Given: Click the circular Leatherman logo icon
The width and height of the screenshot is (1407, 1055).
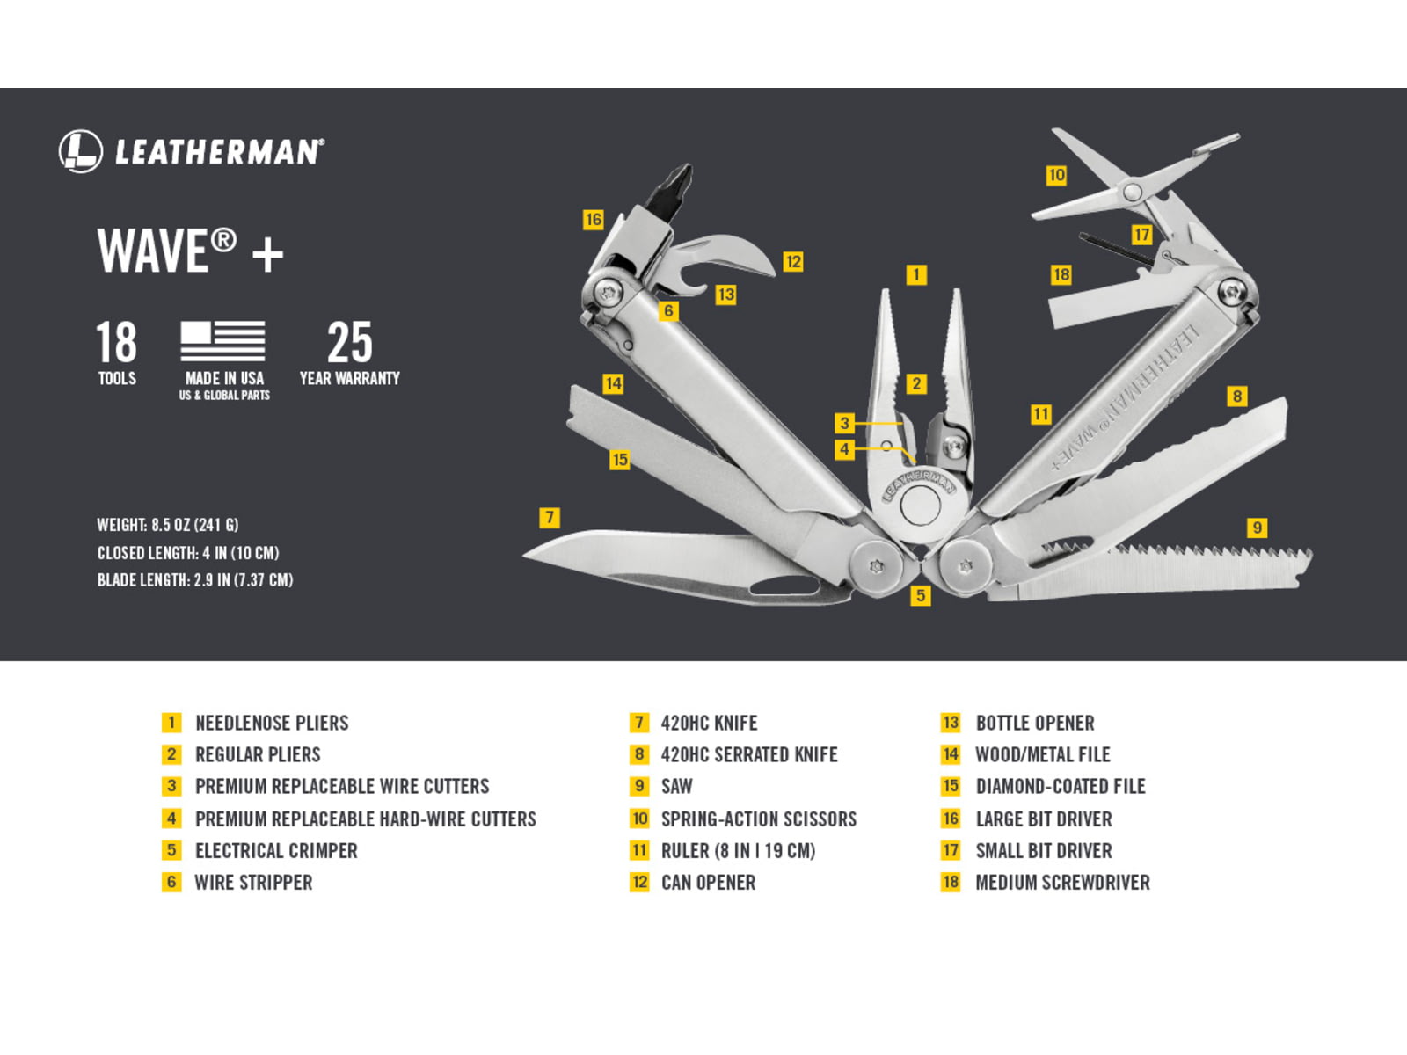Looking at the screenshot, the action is tap(81, 151).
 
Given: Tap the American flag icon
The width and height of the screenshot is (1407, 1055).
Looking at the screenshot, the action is tap(222, 341).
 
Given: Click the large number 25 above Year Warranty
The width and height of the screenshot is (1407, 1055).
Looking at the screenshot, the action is tap(349, 342).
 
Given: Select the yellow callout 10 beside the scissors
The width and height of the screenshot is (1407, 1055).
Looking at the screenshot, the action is tap(1056, 175).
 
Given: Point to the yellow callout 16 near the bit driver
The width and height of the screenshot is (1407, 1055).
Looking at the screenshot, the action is tap(594, 220).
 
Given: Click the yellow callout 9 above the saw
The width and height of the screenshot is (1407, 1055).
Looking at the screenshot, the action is tap(1257, 527).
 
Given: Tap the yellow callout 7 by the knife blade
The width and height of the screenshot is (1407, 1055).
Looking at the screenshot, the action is tap(550, 517).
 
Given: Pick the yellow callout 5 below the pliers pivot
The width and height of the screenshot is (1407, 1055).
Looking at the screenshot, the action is tap(921, 596).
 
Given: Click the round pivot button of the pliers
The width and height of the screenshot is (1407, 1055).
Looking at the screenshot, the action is tap(920, 506).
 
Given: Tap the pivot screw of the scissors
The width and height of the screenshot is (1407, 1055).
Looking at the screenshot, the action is tap(1132, 191).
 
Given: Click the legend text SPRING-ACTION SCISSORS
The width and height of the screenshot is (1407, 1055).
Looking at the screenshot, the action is tap(759, 819).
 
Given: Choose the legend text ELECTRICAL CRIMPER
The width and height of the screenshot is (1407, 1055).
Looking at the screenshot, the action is tap(276, 851).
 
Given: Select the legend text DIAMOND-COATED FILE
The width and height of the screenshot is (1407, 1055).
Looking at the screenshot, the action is tap(1061, 787).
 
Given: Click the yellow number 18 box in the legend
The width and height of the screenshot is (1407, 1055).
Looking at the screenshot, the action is tap(951, 883).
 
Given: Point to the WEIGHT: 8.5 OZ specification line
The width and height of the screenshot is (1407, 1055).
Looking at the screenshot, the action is tap(168, 525).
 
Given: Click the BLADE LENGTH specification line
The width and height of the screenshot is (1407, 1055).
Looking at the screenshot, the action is tap(195, 580).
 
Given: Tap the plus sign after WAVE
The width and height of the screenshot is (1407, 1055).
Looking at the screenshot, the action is tap(267, 255).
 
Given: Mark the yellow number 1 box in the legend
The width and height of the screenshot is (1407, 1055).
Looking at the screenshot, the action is tap(171, 724).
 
